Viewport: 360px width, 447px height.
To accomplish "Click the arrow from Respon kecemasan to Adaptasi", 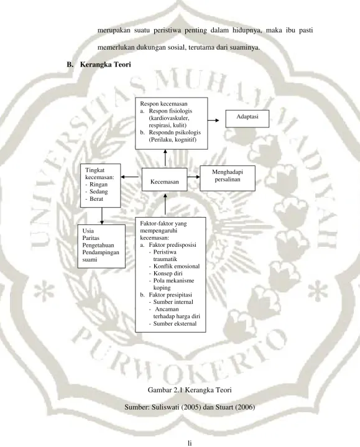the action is pyautogui.click(x=213, y=121).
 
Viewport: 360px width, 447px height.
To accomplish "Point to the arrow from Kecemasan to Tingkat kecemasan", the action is pyautogui.click(x=130, y=177).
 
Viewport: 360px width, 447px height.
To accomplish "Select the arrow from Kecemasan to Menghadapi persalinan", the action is pyautogui.click(x=193, y=177).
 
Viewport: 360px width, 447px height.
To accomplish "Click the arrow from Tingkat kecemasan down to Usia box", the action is pyautogui.click(x=102, y=216).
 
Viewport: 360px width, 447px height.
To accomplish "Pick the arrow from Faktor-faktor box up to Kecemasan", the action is pyautogui.click(x=165, y=204).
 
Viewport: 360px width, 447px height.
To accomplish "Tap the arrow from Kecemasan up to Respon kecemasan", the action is pyautogui.click(x=165, y=158).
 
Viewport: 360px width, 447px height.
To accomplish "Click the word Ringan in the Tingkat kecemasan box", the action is pyautogui.click(x=98, y=185).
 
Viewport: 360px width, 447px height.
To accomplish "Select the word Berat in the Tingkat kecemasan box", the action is pyautogui.click(x=96, y=199).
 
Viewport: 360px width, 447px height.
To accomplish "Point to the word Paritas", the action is pyautogui.click(x=91, y=238).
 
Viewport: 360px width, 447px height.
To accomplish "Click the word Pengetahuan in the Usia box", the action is pyautogui.click(x=98, y=245).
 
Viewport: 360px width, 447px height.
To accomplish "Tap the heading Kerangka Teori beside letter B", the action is pyautogui.click(x=106, y=65).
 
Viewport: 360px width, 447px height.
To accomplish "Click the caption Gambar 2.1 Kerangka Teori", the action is pyautogui.click(x=190, y=390).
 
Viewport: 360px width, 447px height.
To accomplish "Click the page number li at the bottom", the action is pyautogui.click(x=190, y=443).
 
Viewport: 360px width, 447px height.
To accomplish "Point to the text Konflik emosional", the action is pyautogui.click(x=177, y=266).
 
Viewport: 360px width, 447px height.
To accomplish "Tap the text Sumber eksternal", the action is pyautogui.click(x=175, y=323).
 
